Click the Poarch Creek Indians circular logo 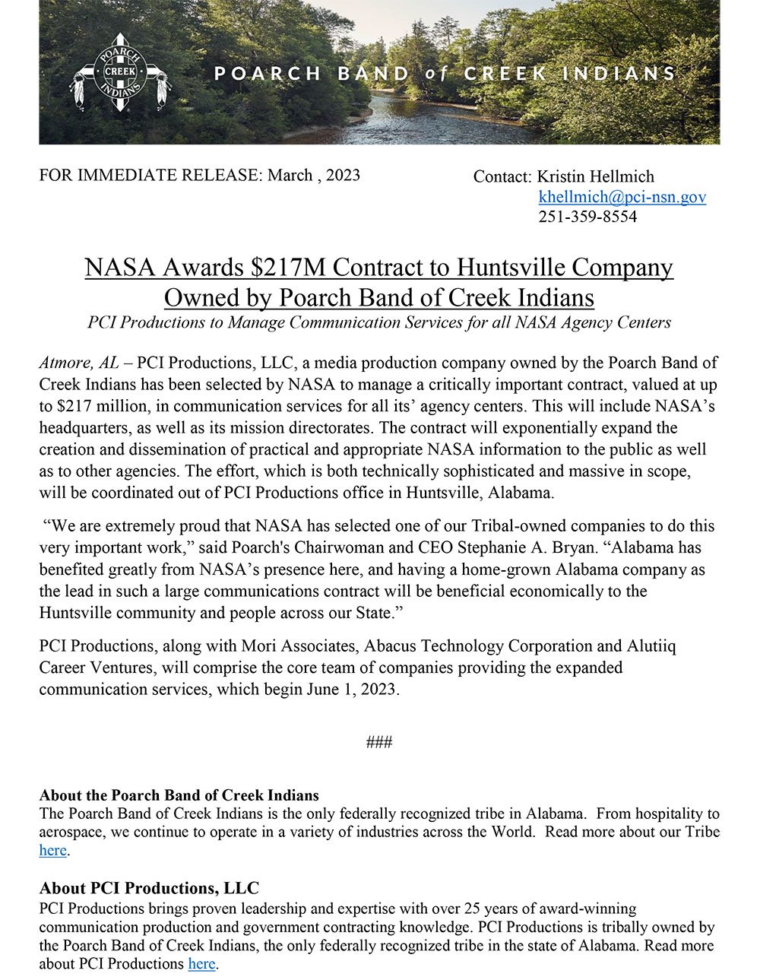tap(121, 73)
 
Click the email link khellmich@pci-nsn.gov tap(622, 197)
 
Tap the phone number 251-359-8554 tap(587, 217)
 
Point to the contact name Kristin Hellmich tap(595, 176)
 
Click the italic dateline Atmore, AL tap(74, 363)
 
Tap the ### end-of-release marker tap(378, 742)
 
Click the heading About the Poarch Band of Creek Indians tap(179, 795)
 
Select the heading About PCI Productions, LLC tap(149, 888)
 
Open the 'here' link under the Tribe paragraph tap(52, 850)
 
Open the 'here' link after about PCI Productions tap(201, 964)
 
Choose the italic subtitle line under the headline tap(378, 322)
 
